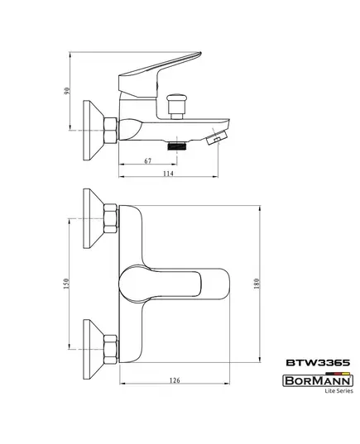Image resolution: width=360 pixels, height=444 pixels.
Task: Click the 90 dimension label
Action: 67,91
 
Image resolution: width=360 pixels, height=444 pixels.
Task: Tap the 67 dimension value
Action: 148,161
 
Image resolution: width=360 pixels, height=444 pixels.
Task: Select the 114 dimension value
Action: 168,174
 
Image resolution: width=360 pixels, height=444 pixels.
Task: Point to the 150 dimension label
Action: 66,284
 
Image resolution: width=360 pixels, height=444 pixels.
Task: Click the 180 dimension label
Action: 257,284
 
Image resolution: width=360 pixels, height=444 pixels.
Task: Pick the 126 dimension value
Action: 175,380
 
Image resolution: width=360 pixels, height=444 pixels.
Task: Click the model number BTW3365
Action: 318,363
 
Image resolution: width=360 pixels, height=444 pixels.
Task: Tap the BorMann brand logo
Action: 318,380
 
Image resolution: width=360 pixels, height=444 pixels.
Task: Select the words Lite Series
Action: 338,391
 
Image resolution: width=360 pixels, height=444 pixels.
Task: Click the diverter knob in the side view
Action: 177,107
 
